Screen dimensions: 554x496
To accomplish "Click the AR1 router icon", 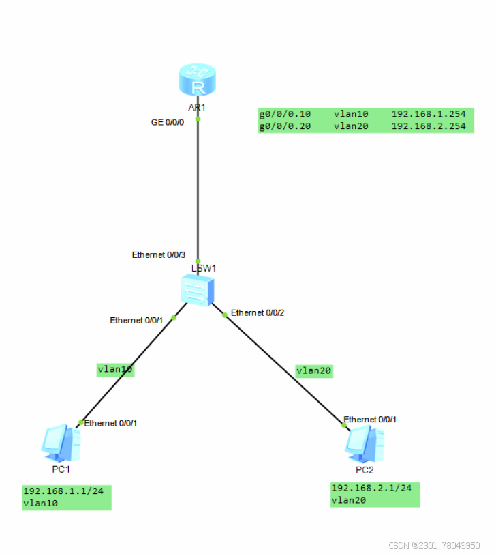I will (198, 81).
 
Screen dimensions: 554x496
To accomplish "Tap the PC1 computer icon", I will (61, 443).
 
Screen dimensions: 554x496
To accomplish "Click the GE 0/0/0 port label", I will (168, 122).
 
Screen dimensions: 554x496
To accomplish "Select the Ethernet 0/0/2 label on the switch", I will (258, 312).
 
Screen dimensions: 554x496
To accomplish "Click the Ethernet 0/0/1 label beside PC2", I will (370, 419).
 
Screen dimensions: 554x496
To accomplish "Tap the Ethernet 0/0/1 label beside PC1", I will (110, 423).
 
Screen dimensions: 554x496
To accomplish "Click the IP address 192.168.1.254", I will (429, 114).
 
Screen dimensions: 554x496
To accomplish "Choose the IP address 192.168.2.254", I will (429, 126).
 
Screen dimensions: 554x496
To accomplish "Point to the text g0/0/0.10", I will (285, 114).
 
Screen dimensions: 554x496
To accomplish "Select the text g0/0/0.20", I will (285, 126).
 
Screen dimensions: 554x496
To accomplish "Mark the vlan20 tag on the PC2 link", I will (313, 370).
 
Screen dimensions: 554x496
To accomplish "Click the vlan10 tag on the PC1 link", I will (115, 369).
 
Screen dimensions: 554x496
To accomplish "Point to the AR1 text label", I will (198, 107).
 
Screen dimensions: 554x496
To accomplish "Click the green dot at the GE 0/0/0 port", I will (198, 119).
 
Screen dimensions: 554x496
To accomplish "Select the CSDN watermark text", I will (434, 545).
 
